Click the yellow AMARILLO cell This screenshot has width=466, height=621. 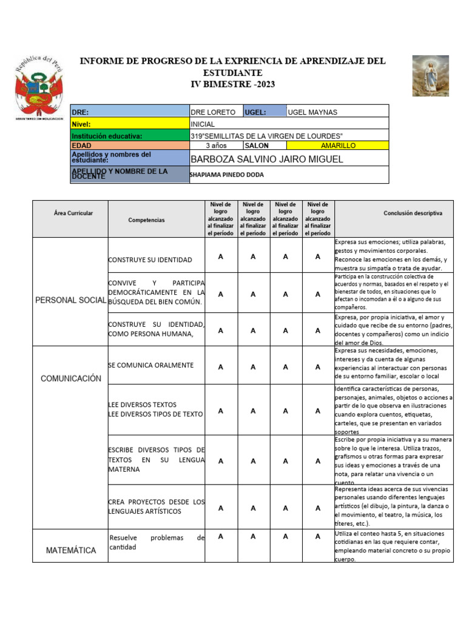(337, 146)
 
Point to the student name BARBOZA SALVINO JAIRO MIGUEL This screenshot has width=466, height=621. (267, 159)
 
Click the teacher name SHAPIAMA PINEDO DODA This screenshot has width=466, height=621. (227, 175)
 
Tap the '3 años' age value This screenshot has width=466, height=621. (216, 146)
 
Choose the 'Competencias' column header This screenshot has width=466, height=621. (146, 220)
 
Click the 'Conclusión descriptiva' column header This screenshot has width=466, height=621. (413, 213)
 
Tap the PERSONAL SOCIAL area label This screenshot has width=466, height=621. (70, 300)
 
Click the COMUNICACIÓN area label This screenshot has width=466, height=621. (70, 378)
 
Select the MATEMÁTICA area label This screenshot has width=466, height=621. (70, 550)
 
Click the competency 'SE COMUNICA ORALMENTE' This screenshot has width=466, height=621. (151, 365)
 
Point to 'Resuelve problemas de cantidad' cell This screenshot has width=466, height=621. (157, 542)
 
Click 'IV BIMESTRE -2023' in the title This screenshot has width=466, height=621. (233, 84)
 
